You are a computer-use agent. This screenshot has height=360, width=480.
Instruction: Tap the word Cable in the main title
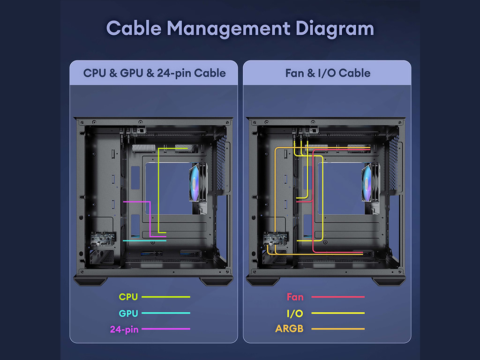pyautogui.click(x=134, y=28)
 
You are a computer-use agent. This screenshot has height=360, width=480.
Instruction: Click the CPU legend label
pyautogui.click(x=128, y=297)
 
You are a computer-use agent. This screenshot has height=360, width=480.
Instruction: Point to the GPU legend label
pyautogui.click(x=128, y=313)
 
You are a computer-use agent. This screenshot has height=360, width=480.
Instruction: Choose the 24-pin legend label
pyautogui.click(x=124, y=330)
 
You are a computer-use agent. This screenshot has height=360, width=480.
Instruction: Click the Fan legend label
pyautogui.click(x=295, y=297)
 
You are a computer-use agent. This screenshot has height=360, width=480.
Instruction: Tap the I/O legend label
pyautogui.click(x=295, y=313)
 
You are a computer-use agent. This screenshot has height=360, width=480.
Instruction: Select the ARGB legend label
pyautogui.click(x=289, y=329)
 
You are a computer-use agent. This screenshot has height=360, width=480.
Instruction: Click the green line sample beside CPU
pyautogui.click(x=165, y=297)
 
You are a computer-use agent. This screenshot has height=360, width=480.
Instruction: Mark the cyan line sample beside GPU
pyautogui.click(x=165, y=313)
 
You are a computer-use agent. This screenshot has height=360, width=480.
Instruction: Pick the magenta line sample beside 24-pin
pyautogui.click(x=165, y=329)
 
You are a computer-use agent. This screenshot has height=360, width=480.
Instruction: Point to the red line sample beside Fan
pyautogui.click(x=338, y=297)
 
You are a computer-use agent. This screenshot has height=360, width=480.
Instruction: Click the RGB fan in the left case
pyautogui.click(x=197, y=182)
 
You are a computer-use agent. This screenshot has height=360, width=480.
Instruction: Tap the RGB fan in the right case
pyautogui.click(x=370, y=182)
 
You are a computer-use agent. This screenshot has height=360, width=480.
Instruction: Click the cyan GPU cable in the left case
pyautogui.click(x=144, y=241)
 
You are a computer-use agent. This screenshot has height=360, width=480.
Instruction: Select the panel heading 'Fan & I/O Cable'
pyautogui.click(x=328, y=73)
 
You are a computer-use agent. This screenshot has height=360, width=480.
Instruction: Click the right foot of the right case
pyautogui.click(x=388, y=281)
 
